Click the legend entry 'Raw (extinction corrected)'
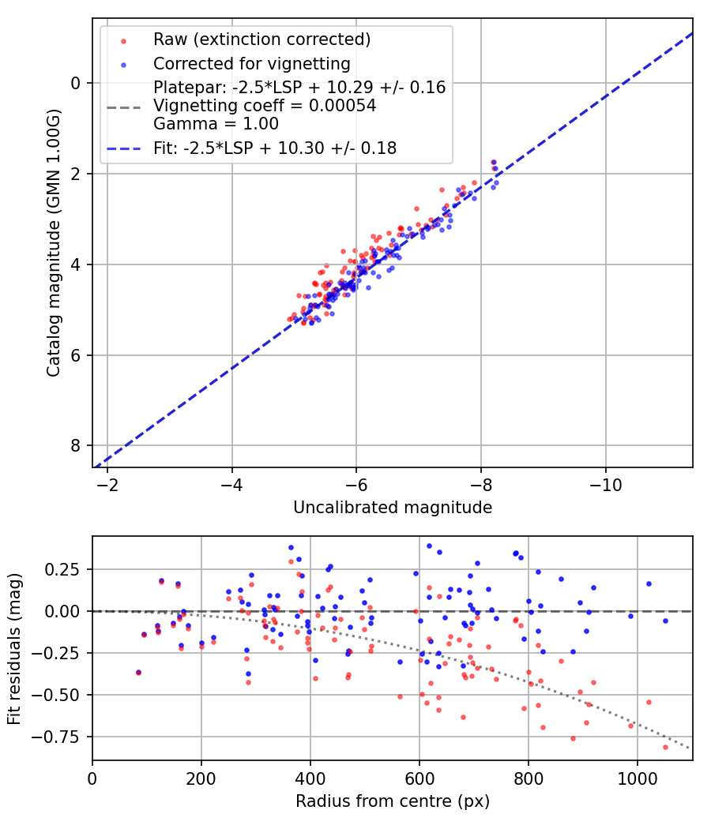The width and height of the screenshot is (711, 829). (x=261, y=39)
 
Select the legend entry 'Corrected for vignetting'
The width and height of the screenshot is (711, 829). (x=252, y=63)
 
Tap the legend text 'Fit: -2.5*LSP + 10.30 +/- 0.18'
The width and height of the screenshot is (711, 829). (x=275, y=148)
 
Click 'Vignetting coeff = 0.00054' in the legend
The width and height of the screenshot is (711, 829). (x=265, y=106)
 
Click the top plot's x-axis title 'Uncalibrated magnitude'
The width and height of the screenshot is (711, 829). (x=393, y=508)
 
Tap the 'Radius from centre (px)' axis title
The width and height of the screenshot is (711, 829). (x=393, y=801)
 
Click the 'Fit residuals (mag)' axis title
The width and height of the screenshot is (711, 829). (x=14, y=648)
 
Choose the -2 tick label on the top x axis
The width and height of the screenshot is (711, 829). (x=107, y=485)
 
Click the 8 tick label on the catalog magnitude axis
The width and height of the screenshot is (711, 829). (x=77, y=446)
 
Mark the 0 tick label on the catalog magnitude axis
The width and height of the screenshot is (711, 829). (x=77, y=83)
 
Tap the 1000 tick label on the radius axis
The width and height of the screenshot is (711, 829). (x=638, y=778)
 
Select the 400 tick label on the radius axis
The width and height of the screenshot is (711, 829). (x=310, y=778)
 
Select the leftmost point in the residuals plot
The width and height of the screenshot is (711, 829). (x=138, y=673)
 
